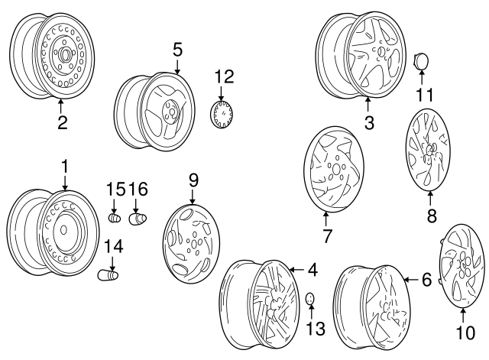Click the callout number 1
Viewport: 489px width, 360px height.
tap(65, 165)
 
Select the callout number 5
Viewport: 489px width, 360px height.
tap(177, 50)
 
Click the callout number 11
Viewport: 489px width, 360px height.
tap(424, 96)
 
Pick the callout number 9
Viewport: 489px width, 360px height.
tap(193, 180)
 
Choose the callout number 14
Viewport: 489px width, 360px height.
tap(112, 246)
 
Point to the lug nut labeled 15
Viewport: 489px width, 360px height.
tap(115, 218)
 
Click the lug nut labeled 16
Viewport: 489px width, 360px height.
tap(138, 219)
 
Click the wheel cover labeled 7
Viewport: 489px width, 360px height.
tap(333, 169)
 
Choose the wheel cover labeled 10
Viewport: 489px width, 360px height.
tap(463, 264)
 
